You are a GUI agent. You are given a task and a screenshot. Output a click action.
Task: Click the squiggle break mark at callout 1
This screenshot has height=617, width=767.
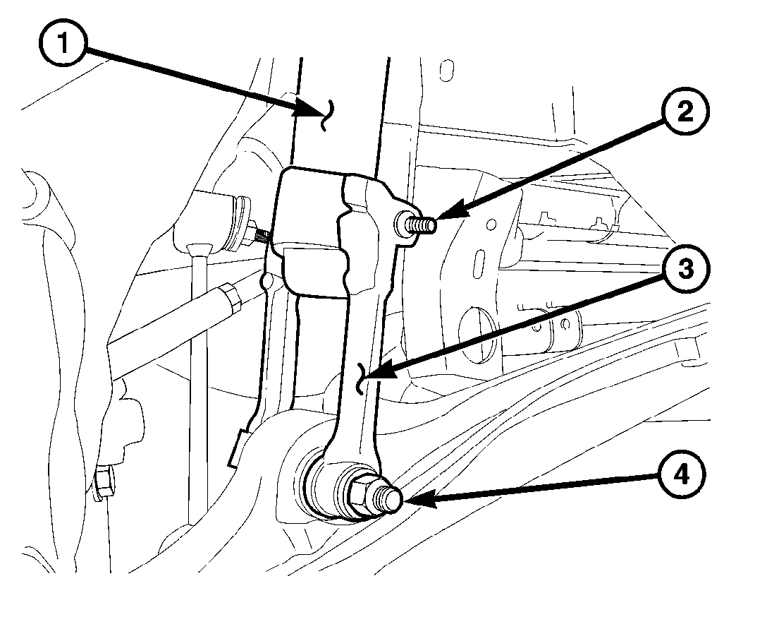click(x=326, y=114)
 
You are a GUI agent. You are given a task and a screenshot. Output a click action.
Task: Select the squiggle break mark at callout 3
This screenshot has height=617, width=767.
click(x=362, y=378)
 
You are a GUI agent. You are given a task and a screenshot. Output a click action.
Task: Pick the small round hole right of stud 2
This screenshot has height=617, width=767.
click(x=491, y=224)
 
